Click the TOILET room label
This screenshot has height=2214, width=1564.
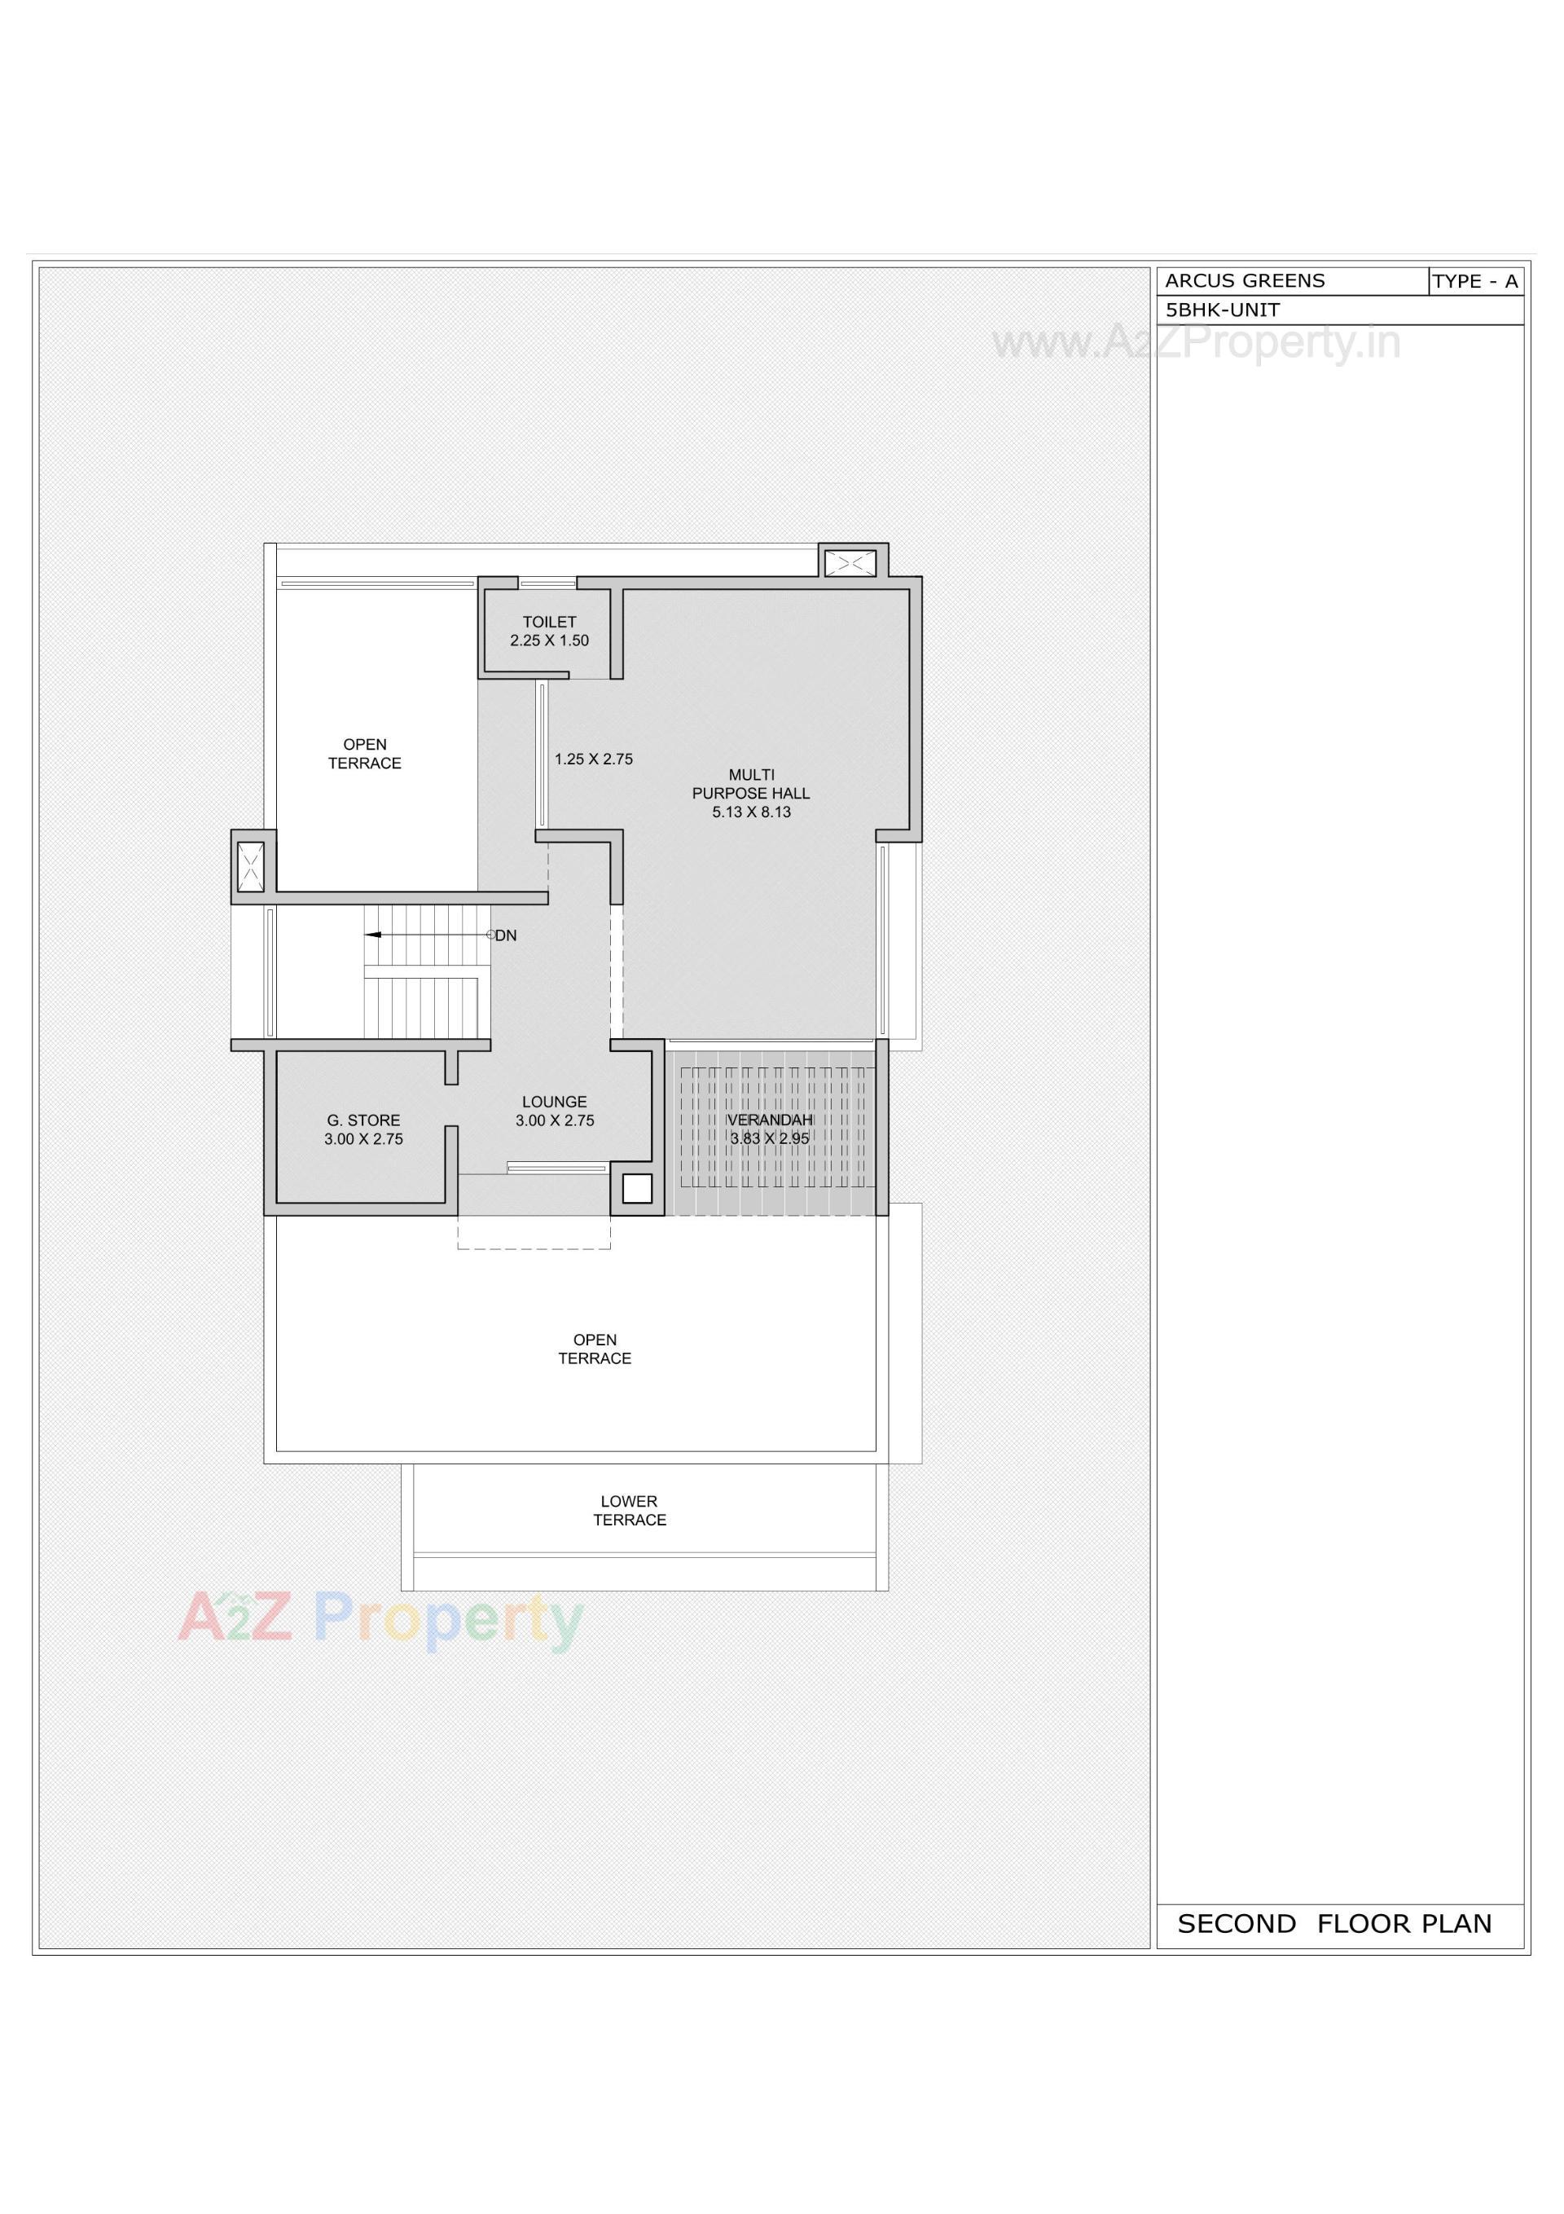click(x=549, y=622)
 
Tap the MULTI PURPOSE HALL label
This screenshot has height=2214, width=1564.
click(x=751, y=784)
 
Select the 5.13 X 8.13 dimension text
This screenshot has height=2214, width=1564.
click(x=751, y=812)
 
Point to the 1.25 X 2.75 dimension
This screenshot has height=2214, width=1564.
click(x=593, y=759)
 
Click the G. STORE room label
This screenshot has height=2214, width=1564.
click(x=363, y=1120)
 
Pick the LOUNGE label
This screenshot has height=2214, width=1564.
click(x=555, y=1101)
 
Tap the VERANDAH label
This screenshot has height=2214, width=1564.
click(x=770, y=1120)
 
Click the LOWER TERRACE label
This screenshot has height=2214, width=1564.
click(x=629, y=1510)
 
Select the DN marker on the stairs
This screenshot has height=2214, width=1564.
click(x=505, y=935)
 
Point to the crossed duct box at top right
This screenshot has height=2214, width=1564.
click(x=851, y=563)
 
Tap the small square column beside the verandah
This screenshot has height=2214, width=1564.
click(x=636, y=1188)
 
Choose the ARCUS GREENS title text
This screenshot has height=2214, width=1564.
click(x=1245, y=280)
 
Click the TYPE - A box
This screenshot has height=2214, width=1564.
click(x=1474, y=282)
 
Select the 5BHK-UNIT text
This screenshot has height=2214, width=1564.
click(x=1223, y=310)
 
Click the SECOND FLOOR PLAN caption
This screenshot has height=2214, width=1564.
click(x=1333, y=1924)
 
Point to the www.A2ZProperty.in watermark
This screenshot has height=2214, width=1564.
click(x=1196, y=343)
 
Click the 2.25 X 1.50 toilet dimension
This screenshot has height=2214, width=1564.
click(x=549, y=640)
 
